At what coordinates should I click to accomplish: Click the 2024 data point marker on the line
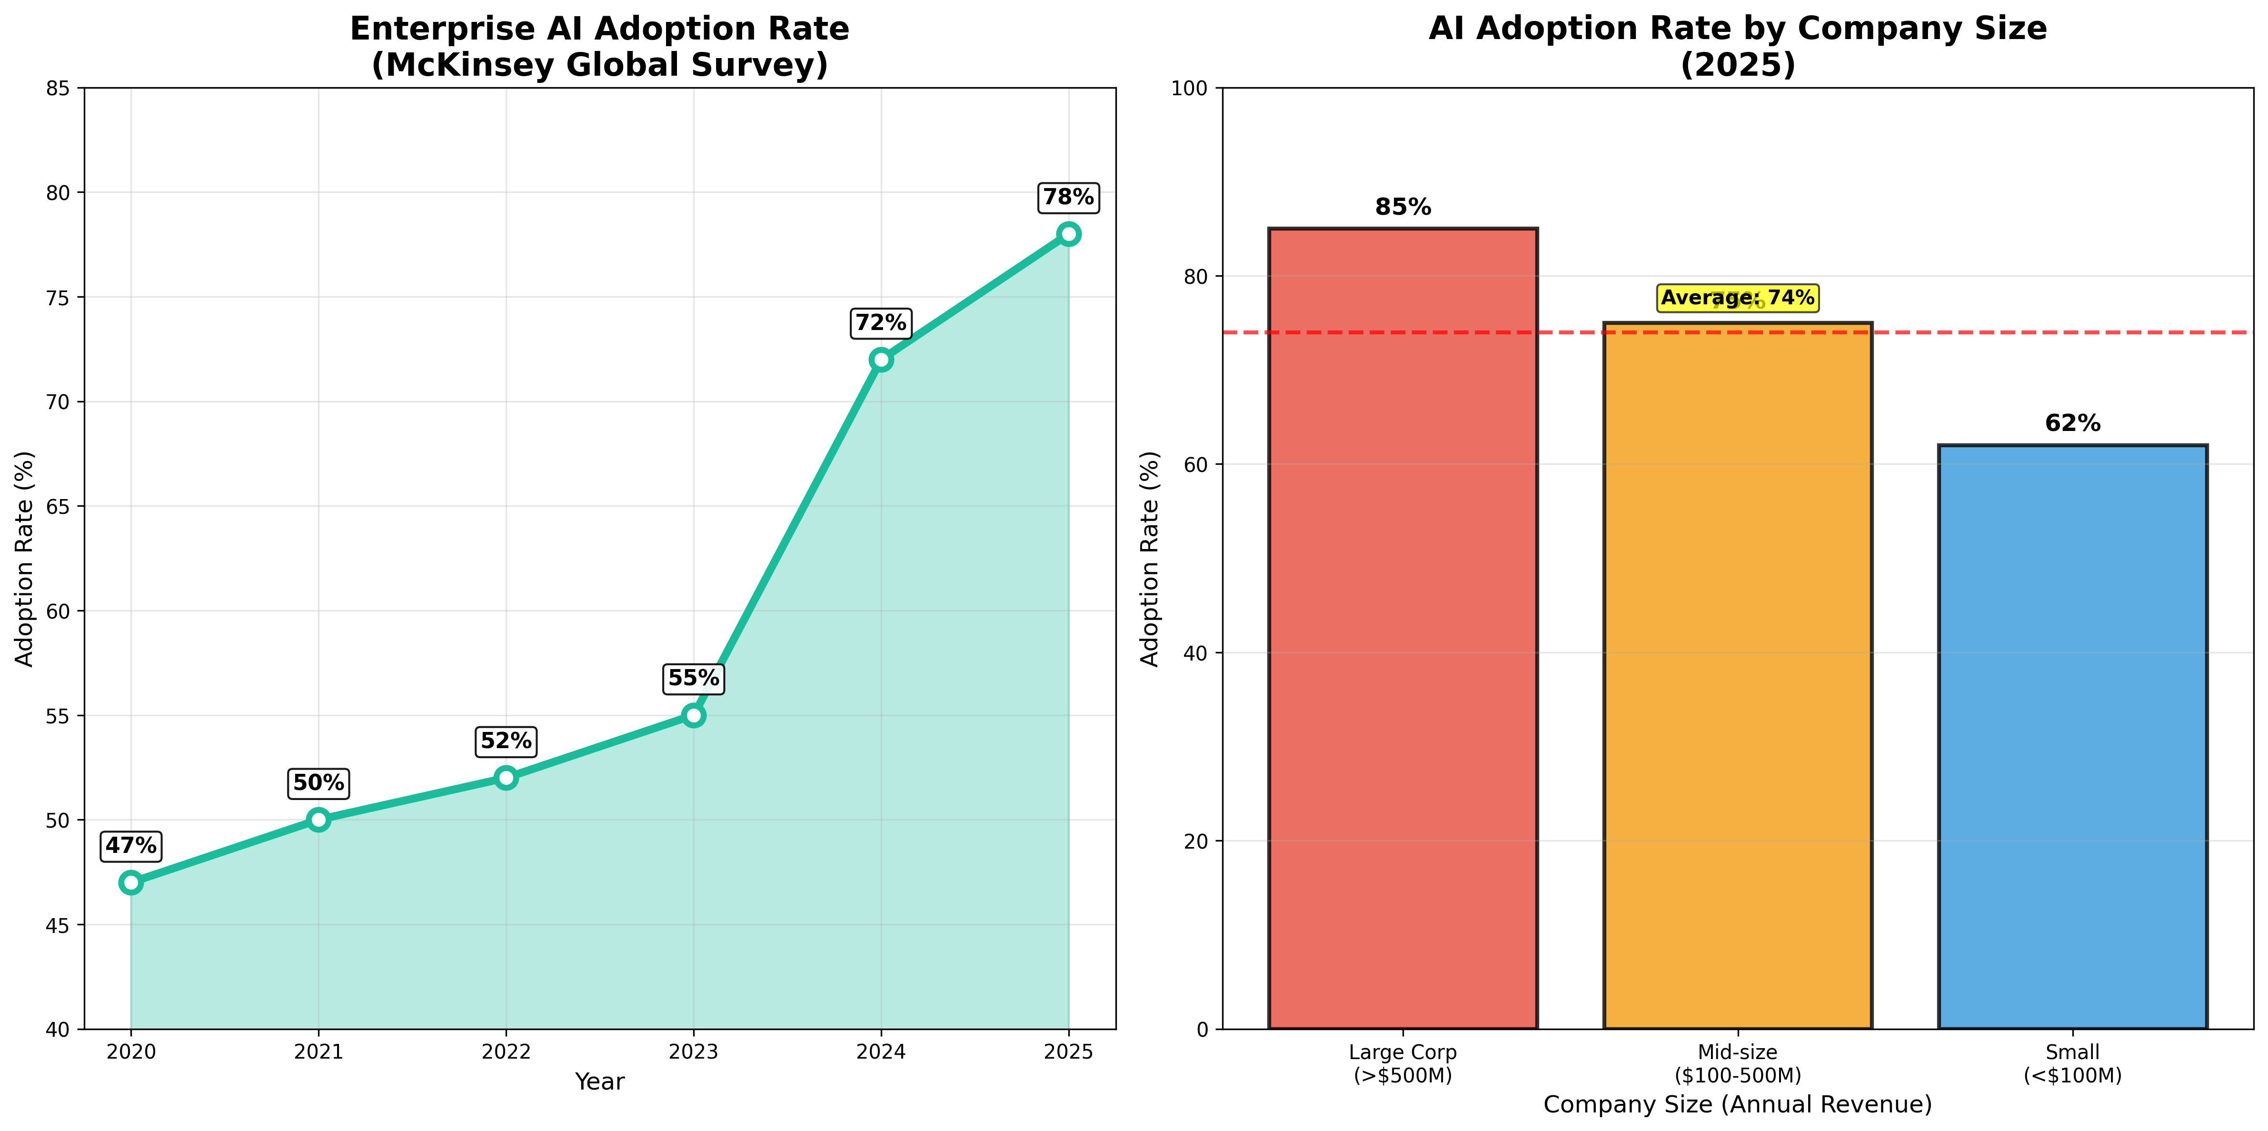(x=880, y=360)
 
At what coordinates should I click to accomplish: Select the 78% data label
(x=1068, y=197)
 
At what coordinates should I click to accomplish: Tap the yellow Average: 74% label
(x=1737, y=298)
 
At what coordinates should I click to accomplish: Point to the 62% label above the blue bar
(x=2072, y=424)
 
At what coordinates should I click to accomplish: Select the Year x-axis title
(x=599, y=1081)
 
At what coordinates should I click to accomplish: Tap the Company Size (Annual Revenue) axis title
(x=1737, y=1105)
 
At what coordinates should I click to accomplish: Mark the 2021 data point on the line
(x=318, y=819)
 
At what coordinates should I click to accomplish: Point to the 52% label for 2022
(x=506, y=741)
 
